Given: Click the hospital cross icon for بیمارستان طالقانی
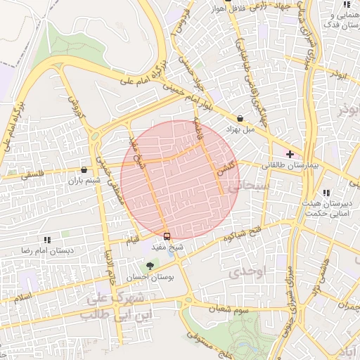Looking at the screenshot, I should click(x=290, y=153).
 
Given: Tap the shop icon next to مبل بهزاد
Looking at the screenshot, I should click(x=241, y=119).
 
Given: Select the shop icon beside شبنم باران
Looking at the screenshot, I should click(x=84, y=169).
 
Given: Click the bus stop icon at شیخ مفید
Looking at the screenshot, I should click(x=167, y=236).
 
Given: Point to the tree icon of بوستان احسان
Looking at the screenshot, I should click(x=148, y=266).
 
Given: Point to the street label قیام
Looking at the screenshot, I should click(x=131, y=240).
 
